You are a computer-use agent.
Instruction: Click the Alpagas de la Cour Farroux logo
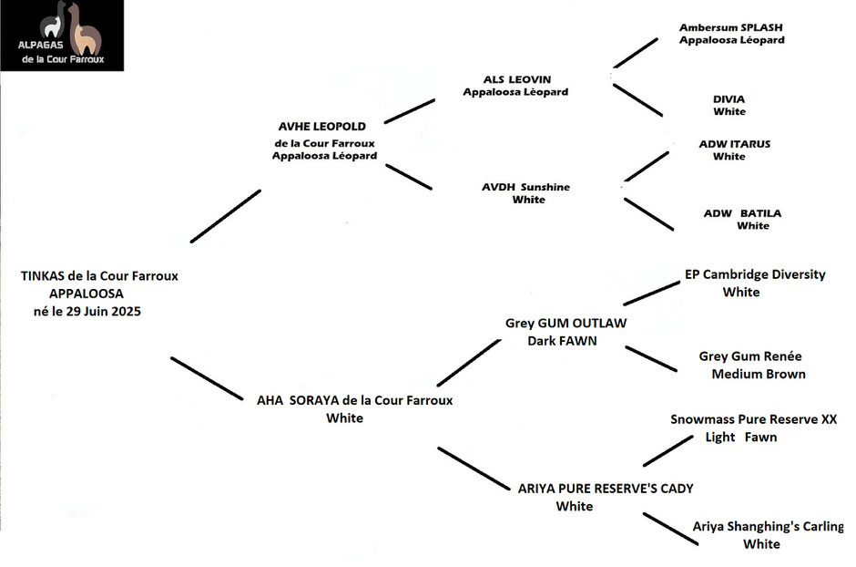click(x=62, y=35)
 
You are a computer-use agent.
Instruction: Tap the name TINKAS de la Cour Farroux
click(x=99, y=276)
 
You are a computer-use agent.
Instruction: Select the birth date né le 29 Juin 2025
click(x=87, y=312)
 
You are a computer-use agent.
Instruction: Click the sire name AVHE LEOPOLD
click(x=322, y=126)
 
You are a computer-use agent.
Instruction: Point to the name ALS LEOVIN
click(x=517, y=79)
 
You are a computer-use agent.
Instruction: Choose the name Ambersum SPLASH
click(x=731, y=27)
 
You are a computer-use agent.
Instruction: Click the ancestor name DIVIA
click(x=729, y=99)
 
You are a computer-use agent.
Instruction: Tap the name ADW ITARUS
click(x=735, y=144)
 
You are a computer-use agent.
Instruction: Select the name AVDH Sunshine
click(x=525, y=187)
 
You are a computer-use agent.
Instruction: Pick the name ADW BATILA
click(x=742, y=213)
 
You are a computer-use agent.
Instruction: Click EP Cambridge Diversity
click(x=755, y=274)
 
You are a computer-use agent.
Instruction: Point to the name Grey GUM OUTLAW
click(x=566, y=323)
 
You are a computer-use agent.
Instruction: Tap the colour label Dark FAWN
click(x=562, y=341)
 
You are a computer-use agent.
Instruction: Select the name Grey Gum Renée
click(x=750, y=356)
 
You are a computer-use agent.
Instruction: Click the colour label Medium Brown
click(x=759, y=374)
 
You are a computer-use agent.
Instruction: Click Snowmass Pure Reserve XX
click(x=754, y=419)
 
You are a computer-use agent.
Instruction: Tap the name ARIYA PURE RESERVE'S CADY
click(x=606, y=489)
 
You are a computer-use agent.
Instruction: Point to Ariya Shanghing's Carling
click(x=768, y=527)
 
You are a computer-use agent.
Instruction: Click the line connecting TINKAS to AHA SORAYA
click(x=207, y=378)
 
